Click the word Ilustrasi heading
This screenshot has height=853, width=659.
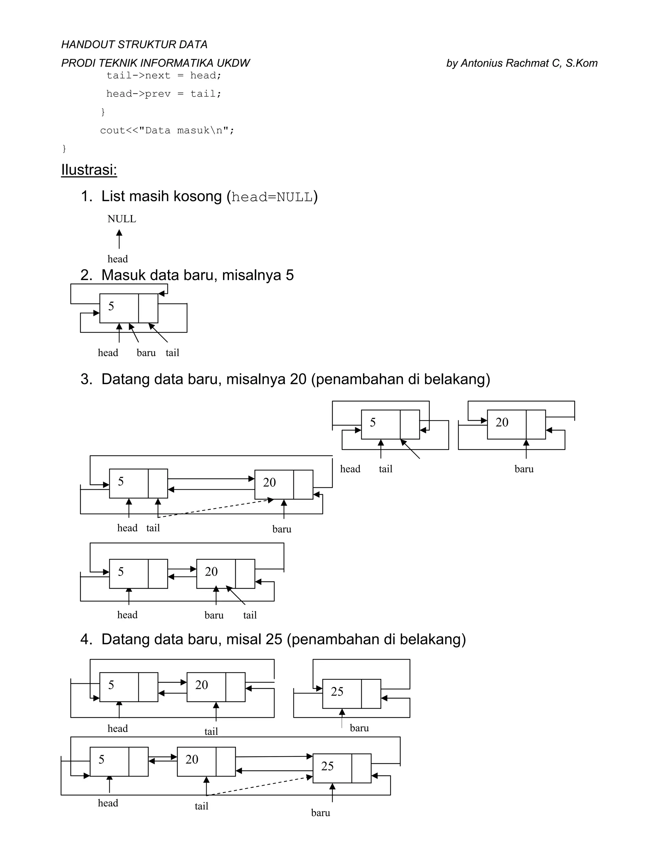89,170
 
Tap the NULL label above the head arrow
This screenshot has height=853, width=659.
122,219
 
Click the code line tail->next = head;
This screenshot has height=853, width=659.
164,75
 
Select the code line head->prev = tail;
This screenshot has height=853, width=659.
164,94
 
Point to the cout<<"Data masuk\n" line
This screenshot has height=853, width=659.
167,130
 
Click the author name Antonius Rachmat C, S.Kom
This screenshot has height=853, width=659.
522,63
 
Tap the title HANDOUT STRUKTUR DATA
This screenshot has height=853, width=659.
134,44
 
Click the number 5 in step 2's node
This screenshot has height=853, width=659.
111,306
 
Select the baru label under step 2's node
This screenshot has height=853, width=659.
146,353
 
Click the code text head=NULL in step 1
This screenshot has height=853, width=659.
272,197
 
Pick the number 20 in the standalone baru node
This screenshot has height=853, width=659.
502,422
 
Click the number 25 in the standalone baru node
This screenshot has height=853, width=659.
337,692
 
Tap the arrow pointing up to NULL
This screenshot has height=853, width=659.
119,239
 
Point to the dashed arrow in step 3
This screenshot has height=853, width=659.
215,508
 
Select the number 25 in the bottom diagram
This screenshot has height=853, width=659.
327,766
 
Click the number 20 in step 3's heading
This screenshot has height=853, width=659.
298,379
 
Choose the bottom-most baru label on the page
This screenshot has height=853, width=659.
320,813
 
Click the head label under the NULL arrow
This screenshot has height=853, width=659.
117,259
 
